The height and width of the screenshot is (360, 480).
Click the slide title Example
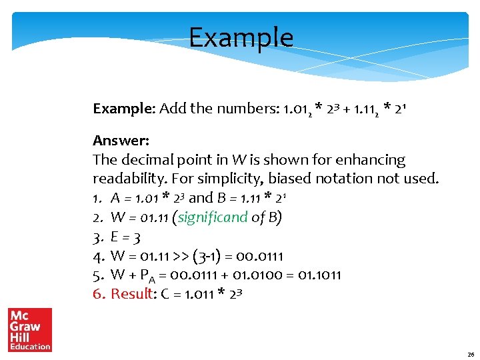tap(241, 37)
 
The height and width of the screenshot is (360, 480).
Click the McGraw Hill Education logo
tap(29, 329)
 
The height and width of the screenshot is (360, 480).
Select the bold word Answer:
tap(121, 141)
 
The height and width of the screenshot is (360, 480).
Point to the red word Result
tap(132, 293)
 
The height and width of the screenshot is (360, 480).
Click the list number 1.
tap(97, 198)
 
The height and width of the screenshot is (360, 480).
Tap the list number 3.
tap(97, 237)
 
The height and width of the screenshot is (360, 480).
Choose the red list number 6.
tap(98, 293)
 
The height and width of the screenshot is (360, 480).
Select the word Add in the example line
tap(173, 108)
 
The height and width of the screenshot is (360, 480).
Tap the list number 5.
tap(98, 275)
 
